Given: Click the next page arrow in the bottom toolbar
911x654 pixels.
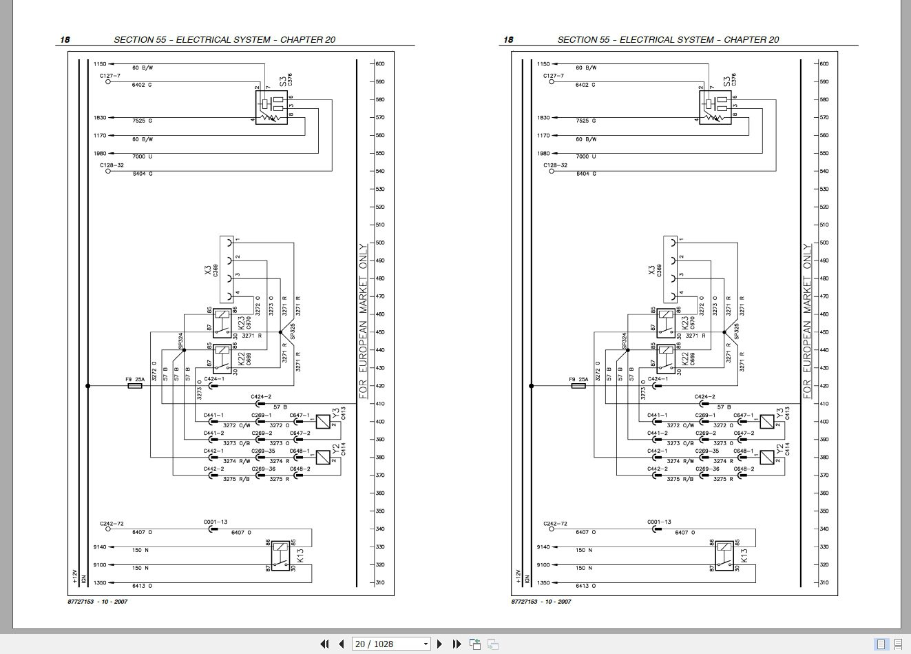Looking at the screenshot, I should [439, 644].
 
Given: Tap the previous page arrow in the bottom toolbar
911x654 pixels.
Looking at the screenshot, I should [342, 644].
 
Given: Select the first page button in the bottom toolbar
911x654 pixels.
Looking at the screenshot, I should [325, 644].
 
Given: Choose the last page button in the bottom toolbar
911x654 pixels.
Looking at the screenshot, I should [457, 644].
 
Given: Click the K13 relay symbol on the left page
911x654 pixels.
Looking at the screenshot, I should [280, 555].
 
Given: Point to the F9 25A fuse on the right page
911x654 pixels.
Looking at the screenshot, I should [578, 386].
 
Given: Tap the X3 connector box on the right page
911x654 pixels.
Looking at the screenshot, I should [671, 269].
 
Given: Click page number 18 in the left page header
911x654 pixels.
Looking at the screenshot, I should [65, 39].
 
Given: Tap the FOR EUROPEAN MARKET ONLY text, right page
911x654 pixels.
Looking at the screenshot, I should [808, 320].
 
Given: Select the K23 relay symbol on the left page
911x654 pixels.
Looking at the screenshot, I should [222, 323].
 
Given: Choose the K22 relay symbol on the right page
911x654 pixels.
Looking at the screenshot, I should [665, 358].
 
